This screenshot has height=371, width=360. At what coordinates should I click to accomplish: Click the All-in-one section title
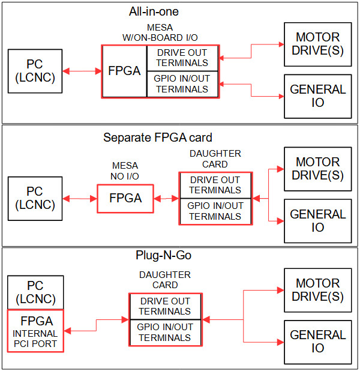coord(154,11)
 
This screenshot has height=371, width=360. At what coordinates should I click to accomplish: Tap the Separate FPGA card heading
coord(158,137)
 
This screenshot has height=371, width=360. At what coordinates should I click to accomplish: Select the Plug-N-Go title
coord(163,255)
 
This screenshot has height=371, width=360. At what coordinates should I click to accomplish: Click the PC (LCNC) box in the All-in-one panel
coord(35,71)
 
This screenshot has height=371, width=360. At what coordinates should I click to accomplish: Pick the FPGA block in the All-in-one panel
coord(124,71)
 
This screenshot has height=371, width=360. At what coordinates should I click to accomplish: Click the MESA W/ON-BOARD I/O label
coord(160,32)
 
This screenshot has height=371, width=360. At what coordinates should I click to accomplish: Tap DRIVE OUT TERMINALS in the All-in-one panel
coord(182,58)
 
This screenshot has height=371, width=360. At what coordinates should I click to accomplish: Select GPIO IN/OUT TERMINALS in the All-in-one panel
coord(182,84)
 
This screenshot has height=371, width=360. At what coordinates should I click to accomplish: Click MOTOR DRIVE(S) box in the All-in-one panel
coord(317,44)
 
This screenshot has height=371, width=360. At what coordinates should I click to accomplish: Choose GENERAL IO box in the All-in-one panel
coord(317,96)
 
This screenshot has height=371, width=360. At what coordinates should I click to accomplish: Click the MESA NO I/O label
coord(125,171)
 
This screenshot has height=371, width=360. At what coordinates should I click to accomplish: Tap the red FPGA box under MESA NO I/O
coord(125,199)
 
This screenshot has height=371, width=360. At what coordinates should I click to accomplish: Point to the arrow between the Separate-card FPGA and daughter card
coord(166,199)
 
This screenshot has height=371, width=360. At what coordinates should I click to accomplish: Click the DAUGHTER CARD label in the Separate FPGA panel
coord(215,158)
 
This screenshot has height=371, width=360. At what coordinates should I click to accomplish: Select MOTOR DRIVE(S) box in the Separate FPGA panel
coord(317,169)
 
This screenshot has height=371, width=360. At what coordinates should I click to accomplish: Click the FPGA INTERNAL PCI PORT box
coord(35,331)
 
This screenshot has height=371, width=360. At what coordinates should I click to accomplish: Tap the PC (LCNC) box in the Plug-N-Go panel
coord(35,292)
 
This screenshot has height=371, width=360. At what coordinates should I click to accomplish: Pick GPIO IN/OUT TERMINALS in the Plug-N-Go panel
coord(165,333)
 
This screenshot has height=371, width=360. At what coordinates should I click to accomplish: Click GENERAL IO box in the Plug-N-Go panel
coord(317,342)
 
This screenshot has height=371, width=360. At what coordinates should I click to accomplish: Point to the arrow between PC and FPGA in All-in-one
coord(82,71)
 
